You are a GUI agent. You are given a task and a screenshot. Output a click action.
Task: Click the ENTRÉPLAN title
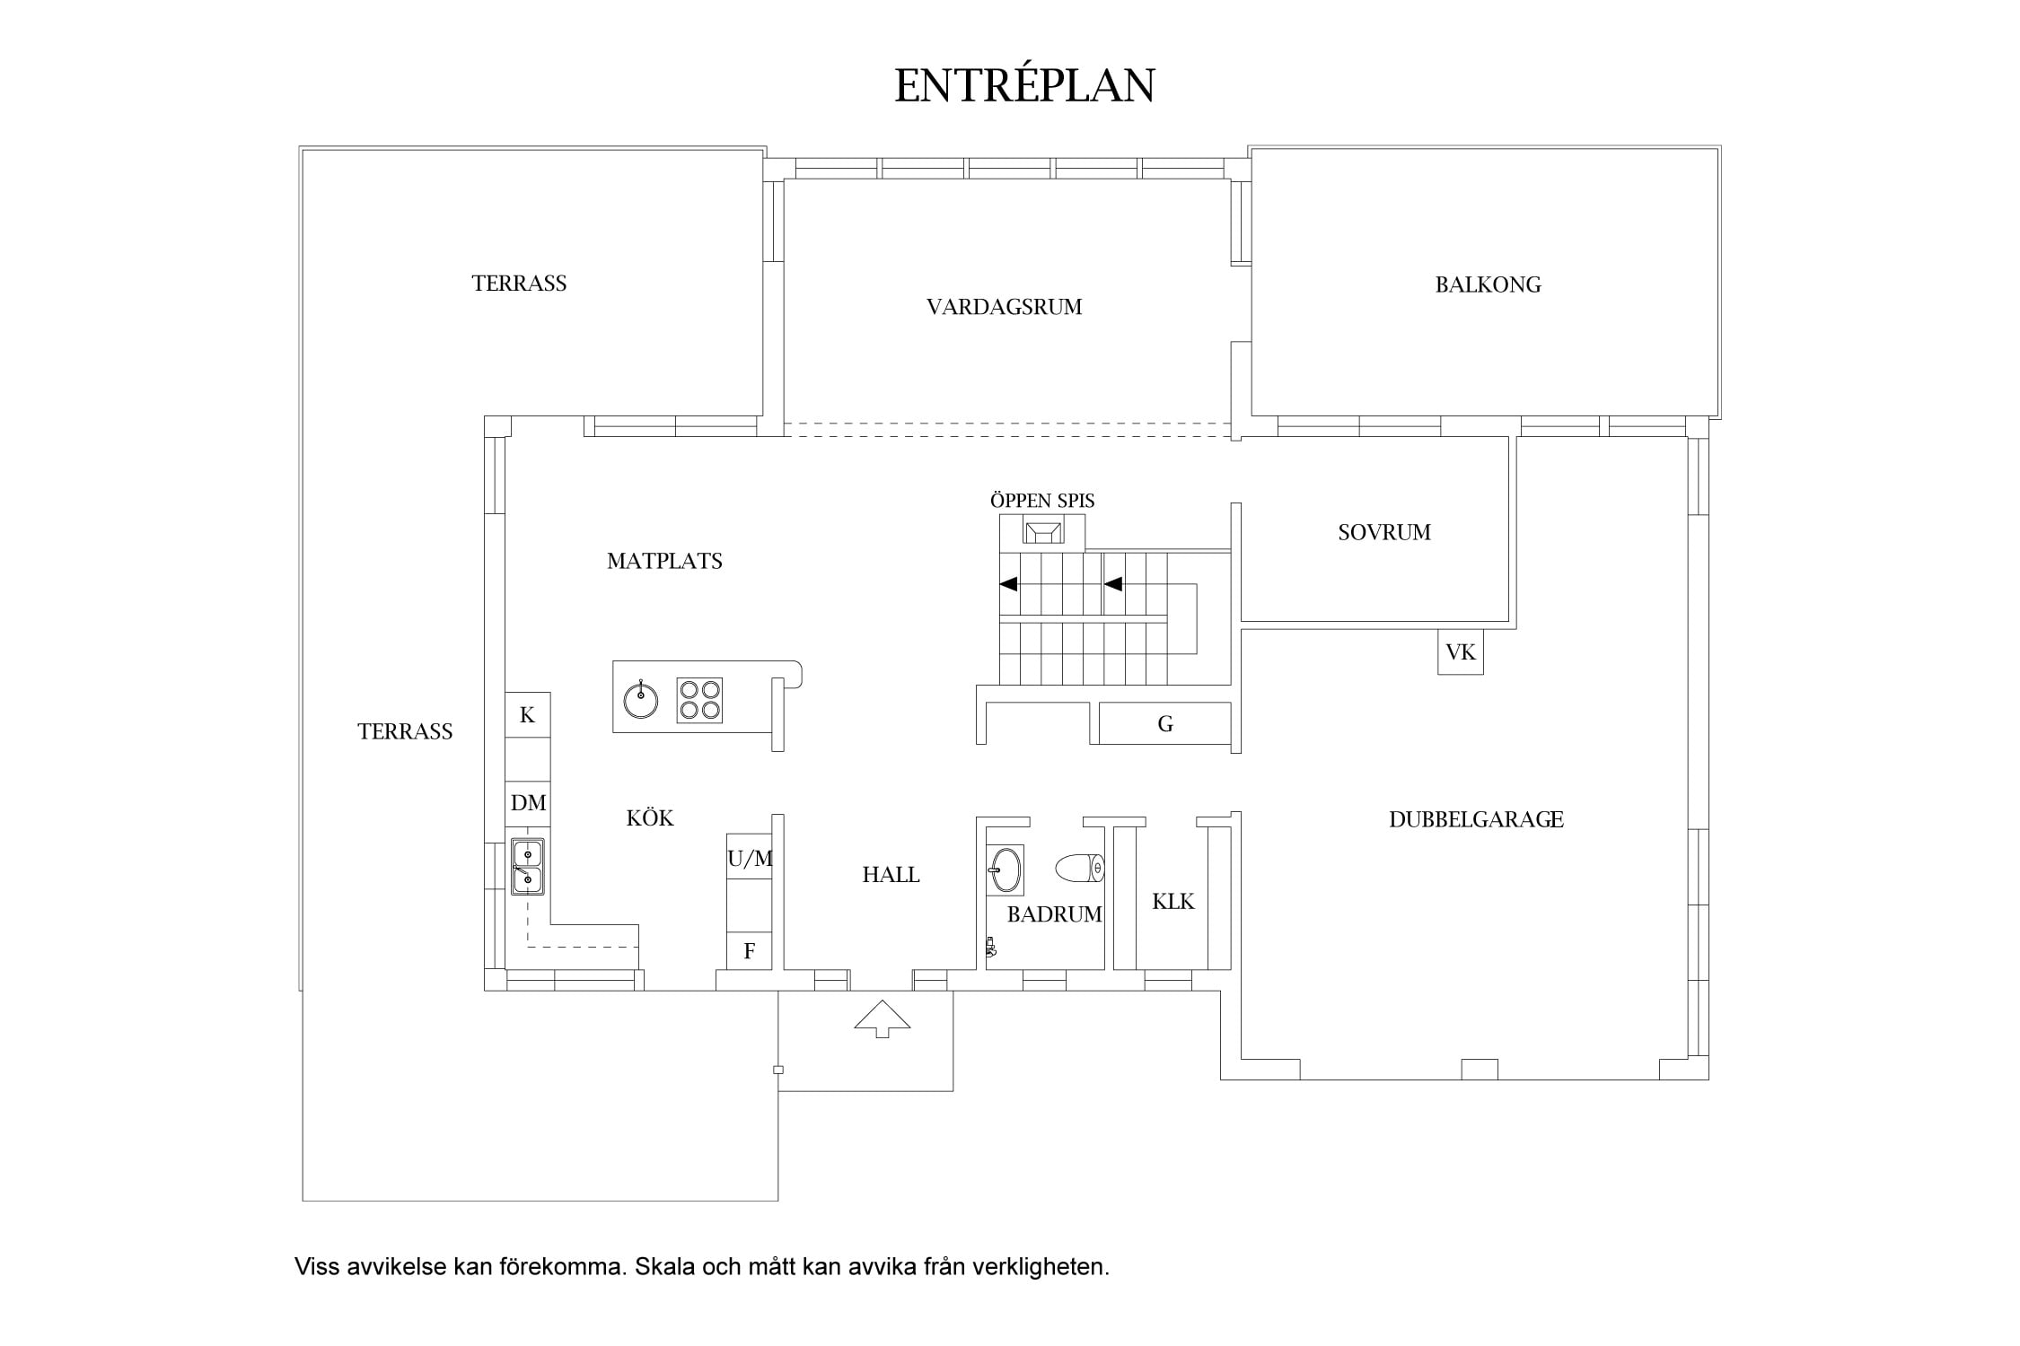pyautogui.click(x=1024, y=86)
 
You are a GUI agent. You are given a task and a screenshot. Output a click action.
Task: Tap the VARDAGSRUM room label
pyautogui.click(x=1004, y=307)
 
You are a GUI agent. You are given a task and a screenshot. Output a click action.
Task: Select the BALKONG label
pyautogui.click(x=1488, y=284)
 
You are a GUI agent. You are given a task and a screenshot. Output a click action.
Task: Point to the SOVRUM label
pyautogui.click(x=1383, y=532)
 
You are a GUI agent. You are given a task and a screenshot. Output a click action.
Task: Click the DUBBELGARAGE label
pyautogui.click(x=1476, y=819)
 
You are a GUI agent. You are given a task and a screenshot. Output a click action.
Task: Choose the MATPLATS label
pyautogui.click(x=664, y=561)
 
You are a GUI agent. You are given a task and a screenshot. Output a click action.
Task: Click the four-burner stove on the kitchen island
pyautogui.click(x=699, y=700)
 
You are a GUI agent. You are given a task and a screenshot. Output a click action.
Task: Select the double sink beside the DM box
pyautogui.click(x=528, y=867)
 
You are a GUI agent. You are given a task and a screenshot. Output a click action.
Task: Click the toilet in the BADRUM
pyautogui.click(x=1079, y=868)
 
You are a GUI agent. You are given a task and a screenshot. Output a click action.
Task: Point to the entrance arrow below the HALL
pyautogui.click(x=882, y=1018)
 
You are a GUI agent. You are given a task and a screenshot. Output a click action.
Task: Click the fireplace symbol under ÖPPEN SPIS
pyautogui.click(x=1042, y=532)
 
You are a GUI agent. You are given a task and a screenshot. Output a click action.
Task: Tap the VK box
pyautogui.click(x=1461, y=652)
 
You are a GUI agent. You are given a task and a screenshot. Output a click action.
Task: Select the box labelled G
pyautogui.click(x=1165, y=723)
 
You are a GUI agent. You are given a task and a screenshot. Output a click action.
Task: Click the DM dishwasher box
pyautogui.click(x=528, y=803)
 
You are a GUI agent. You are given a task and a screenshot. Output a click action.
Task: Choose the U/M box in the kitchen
pyautogui.click(x=750, y=858)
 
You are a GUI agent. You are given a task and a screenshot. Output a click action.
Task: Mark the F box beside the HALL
pyautogui.click(x=750, y=951)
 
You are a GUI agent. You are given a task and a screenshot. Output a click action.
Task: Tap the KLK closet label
pyautogui.click(x=1173, y=902)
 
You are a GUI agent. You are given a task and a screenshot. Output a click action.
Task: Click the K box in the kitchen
pyautogui.click(x=528, y=715)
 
